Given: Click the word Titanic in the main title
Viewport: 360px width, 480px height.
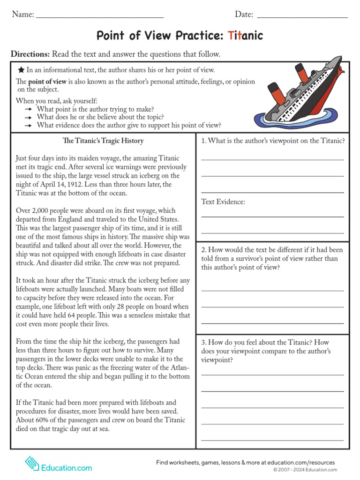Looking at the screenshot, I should (x=245, y=36).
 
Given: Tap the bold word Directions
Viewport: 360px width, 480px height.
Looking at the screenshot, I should (x=30, y=54).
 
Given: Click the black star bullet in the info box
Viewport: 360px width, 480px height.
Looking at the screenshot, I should (x=21, y=70).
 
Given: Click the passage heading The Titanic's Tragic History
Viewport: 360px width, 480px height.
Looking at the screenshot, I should (x=103, y=141).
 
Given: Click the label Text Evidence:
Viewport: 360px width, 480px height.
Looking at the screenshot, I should (x=223, y=202).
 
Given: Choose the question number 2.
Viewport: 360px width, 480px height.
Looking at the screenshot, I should (x=204, y=250).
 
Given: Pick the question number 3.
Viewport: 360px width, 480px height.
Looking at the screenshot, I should (x=204, y=342).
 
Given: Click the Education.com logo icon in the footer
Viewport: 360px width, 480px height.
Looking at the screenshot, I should (x=32, y=464).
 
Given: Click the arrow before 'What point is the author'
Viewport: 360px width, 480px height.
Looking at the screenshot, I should (x=29, y=109).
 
